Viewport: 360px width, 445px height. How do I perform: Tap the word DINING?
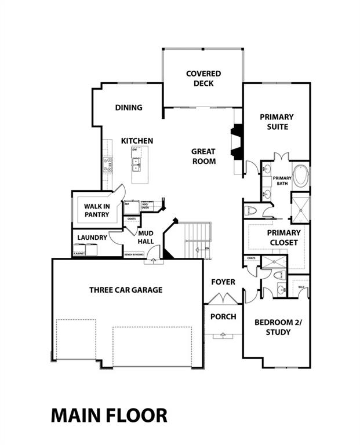click(129, 108)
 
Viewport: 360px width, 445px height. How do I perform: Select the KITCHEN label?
click(137, 141)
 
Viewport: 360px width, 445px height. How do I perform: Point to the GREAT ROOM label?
click(203, 156)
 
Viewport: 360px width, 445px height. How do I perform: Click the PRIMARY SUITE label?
click(277, 122)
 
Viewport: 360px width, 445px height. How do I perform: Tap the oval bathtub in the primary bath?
click(301, 176)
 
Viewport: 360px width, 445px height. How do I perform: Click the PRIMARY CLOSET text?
click(282, 238)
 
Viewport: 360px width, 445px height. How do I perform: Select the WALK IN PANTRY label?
click(97, 210)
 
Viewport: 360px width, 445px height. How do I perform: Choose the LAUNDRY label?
click(92, 238)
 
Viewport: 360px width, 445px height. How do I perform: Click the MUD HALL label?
click(145, 238)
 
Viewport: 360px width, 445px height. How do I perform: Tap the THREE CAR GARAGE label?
click(126, 290)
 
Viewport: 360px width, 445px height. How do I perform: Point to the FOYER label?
click(223, 282)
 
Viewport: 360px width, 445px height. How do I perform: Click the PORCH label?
click(223, 316)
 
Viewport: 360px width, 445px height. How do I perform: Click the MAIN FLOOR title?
click(109, 415)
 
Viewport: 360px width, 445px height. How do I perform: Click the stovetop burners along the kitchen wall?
click(107, 165)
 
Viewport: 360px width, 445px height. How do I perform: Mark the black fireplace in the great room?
click(237, 142)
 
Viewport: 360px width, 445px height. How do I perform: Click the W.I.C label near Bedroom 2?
click(301, 287)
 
